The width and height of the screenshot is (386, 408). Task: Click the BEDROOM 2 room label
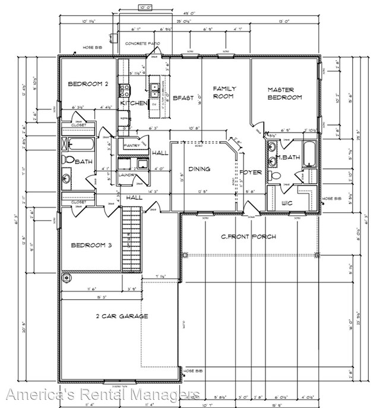pyautogui.click(x=87, y=84)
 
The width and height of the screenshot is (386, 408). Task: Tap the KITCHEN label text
pyautogui.click(x=134, y=103)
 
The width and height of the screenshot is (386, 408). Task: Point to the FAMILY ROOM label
pyautogui.click(x=224, y=92)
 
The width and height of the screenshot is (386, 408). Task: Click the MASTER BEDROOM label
pyautogui.click(x=284, y=93)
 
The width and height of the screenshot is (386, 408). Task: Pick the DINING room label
pyautogui.click(x=199, y=169)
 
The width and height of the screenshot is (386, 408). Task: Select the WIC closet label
pyautogui.click(x=287, y=203)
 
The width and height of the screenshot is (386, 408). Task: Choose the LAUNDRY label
pyautogui.click(x=129, y=175)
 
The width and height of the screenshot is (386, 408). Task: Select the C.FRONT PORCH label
pyautogui.click(x=248, y=237)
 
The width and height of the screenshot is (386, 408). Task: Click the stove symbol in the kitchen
pyautogui.click(x=126, y=90)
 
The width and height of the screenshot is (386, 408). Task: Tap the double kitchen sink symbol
pyautogui.click(x=154, y=90)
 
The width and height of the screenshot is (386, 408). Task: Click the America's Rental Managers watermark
pyautogui.click(x=102, y=394)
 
